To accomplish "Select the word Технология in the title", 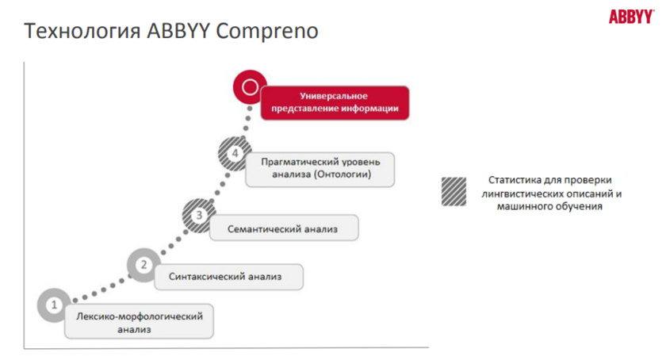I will click(x=82, y=32).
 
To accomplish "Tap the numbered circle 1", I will click(x=54, y=304).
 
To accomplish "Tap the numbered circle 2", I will click(x=144, y=265).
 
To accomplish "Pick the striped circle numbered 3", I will click(x=200, y=214).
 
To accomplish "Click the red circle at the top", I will click(x=251, y=86).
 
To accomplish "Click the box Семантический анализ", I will click(x=284, y=229).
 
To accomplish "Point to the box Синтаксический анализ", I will click(x=224, y=276).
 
